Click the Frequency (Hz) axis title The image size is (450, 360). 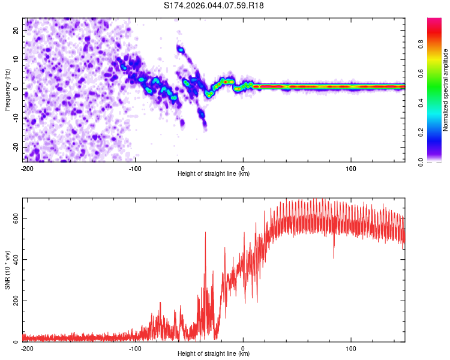[x=7, y=89]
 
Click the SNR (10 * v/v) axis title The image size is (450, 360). [x=7, y=269]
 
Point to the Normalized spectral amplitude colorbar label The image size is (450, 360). [x=445, y=90]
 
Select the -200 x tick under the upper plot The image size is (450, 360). [x=26, y=167]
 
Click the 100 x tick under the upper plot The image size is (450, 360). [x=351, y=167]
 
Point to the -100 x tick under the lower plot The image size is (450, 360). [x=135, y=348]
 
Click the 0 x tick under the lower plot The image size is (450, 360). [x=243, y=348]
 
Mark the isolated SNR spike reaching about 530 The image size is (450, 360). [x=205, y=233]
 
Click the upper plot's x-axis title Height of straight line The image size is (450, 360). [x=214, y=174]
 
